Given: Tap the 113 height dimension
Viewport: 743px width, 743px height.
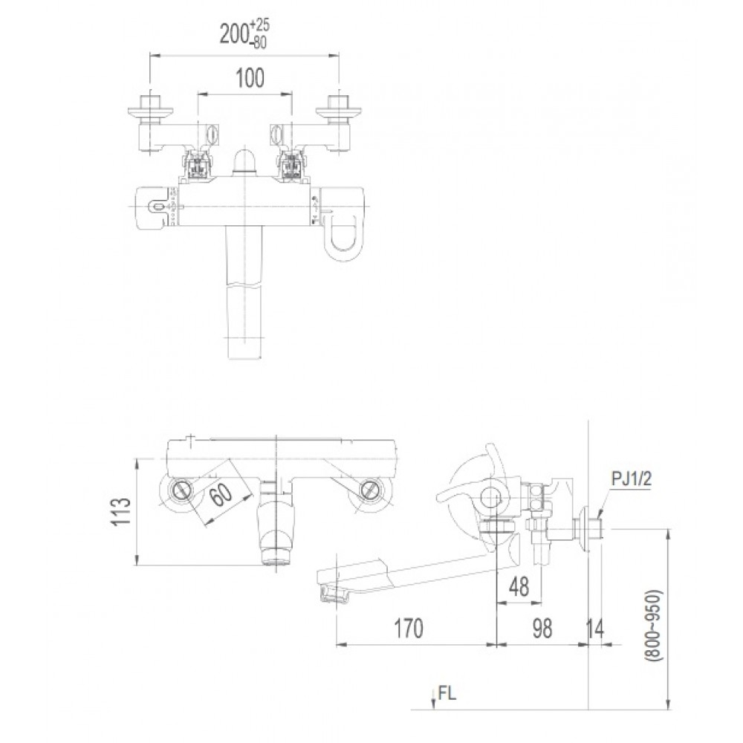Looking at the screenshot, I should pyautogui.click(x=123, y=512).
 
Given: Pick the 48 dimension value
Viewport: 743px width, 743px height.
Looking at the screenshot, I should pyautogui.click(x=519, y=586).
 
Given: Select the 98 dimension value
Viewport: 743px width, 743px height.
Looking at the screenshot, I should pyautogui.click(x=542, y=628).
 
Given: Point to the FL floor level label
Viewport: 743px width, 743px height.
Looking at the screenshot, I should pyautogui.click(x=447, y=694).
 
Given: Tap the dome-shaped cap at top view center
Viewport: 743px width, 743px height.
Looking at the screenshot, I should pyautogui.click(x=244, y=163).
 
